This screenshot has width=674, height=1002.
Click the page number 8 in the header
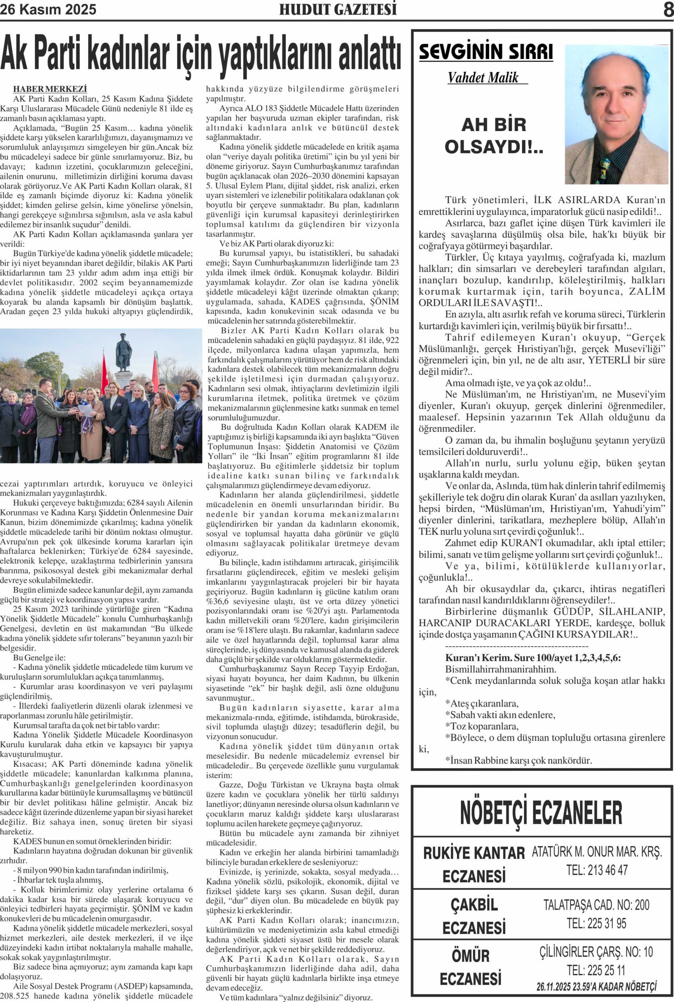(668, 9)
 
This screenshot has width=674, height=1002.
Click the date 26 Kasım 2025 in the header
(48, 9)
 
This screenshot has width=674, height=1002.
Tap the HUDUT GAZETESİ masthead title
(338, 9)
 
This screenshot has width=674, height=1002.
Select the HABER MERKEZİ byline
(50, 89)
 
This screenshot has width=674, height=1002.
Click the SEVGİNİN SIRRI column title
(486, 52)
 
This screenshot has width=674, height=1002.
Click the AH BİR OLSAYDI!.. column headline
(494, 136)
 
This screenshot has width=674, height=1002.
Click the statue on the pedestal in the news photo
(123, 352)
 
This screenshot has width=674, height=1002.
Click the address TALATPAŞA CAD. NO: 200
(596, 905)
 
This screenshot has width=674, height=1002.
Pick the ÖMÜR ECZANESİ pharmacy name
(471, 966)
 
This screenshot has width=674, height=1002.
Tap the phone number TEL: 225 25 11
(596, 970)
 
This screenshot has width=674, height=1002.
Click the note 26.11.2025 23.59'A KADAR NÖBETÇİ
(596, 986)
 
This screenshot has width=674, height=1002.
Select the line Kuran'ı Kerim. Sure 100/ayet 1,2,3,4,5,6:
(533, 658)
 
